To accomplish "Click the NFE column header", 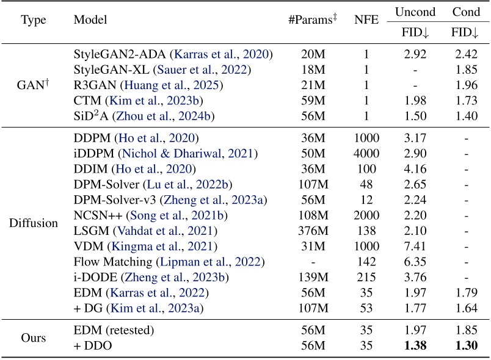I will point(366,20).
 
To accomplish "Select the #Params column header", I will point(312,20).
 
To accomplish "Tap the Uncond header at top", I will point(415,12).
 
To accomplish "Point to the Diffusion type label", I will point(33,223).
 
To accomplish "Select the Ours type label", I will point(33,337).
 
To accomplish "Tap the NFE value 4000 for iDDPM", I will point(366,153).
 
